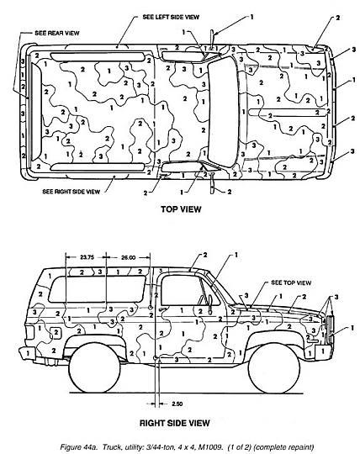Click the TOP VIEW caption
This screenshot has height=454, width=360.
click(x=181, y=209)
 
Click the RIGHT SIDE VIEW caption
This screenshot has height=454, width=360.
click(x=175, y=423)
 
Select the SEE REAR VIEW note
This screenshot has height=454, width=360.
click(x=56, y=33)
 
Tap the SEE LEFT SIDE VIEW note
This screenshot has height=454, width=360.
click(x=171, y=17)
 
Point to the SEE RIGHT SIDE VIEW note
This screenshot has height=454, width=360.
click(x=71, y=192)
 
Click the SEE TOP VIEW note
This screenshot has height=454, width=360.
click(x=291, y=282)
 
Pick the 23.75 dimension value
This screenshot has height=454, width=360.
click(x=87, y=257)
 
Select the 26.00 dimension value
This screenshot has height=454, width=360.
click(x=128, y=257)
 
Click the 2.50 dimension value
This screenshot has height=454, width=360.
click(x=177, y=404)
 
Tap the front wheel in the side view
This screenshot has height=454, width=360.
click(x=274, y=368)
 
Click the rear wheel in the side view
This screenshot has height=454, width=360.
click(x=95, y=367)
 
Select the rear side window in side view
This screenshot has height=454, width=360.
click(x=97, y=289)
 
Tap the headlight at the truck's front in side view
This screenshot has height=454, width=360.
click(x=330, y=330)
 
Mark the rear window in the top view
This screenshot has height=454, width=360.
click(x=35, y=112)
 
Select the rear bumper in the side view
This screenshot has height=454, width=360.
click(x=27, y=353)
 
